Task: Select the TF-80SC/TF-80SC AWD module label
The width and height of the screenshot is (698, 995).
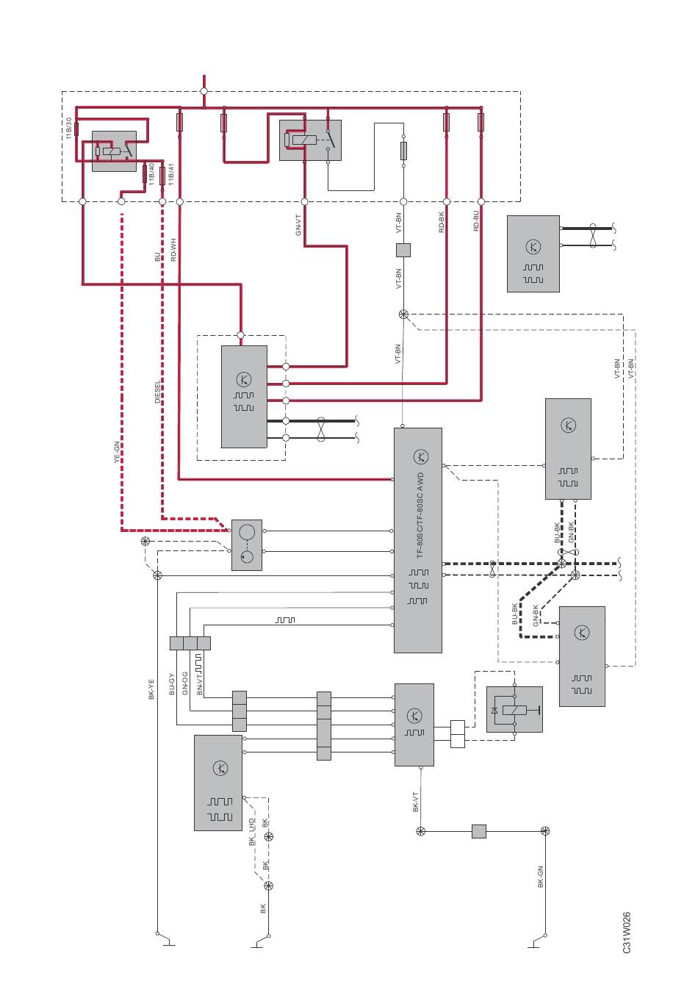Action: tap(420, 516)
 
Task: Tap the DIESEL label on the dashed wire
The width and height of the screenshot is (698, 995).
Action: tap(158, 392)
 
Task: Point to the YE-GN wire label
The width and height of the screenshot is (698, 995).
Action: tap(116, 452)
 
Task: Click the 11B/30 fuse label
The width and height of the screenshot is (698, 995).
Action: tap(68, 128)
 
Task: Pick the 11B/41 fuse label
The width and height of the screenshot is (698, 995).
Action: tap(171, 174)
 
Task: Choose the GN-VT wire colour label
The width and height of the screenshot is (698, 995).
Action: tap(298, 225)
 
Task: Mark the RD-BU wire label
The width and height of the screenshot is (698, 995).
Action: tap(476, 220)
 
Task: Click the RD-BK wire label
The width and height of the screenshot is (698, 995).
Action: tap(442, 222)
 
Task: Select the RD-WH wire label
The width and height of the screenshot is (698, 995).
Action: tap(173, 250)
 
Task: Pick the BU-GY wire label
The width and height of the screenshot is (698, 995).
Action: tap(172, 684)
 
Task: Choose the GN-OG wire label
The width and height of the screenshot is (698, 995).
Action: tap(185, 683)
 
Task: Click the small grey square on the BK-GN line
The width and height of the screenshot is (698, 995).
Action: tap(478, 831)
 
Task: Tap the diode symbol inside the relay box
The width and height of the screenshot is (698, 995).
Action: tap(494, 711)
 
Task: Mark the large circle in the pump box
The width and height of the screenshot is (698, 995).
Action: tap(247, 532)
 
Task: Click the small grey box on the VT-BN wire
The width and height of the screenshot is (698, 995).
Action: tap(403, 250)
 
